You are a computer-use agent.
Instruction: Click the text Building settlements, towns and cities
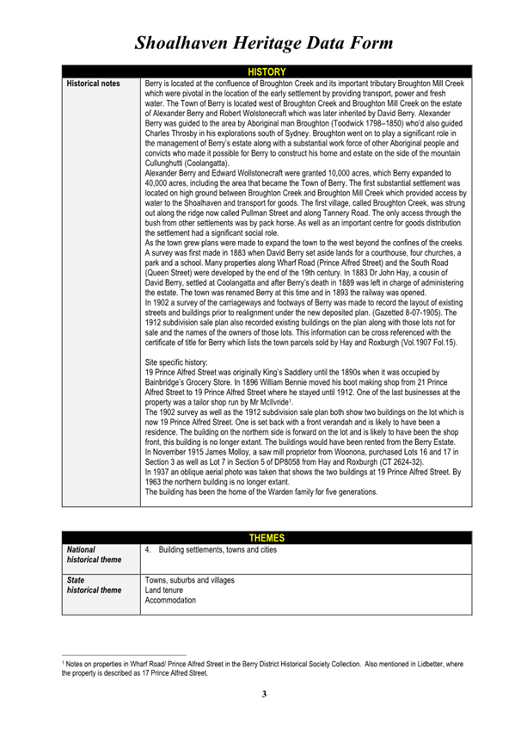pos(217,548)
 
